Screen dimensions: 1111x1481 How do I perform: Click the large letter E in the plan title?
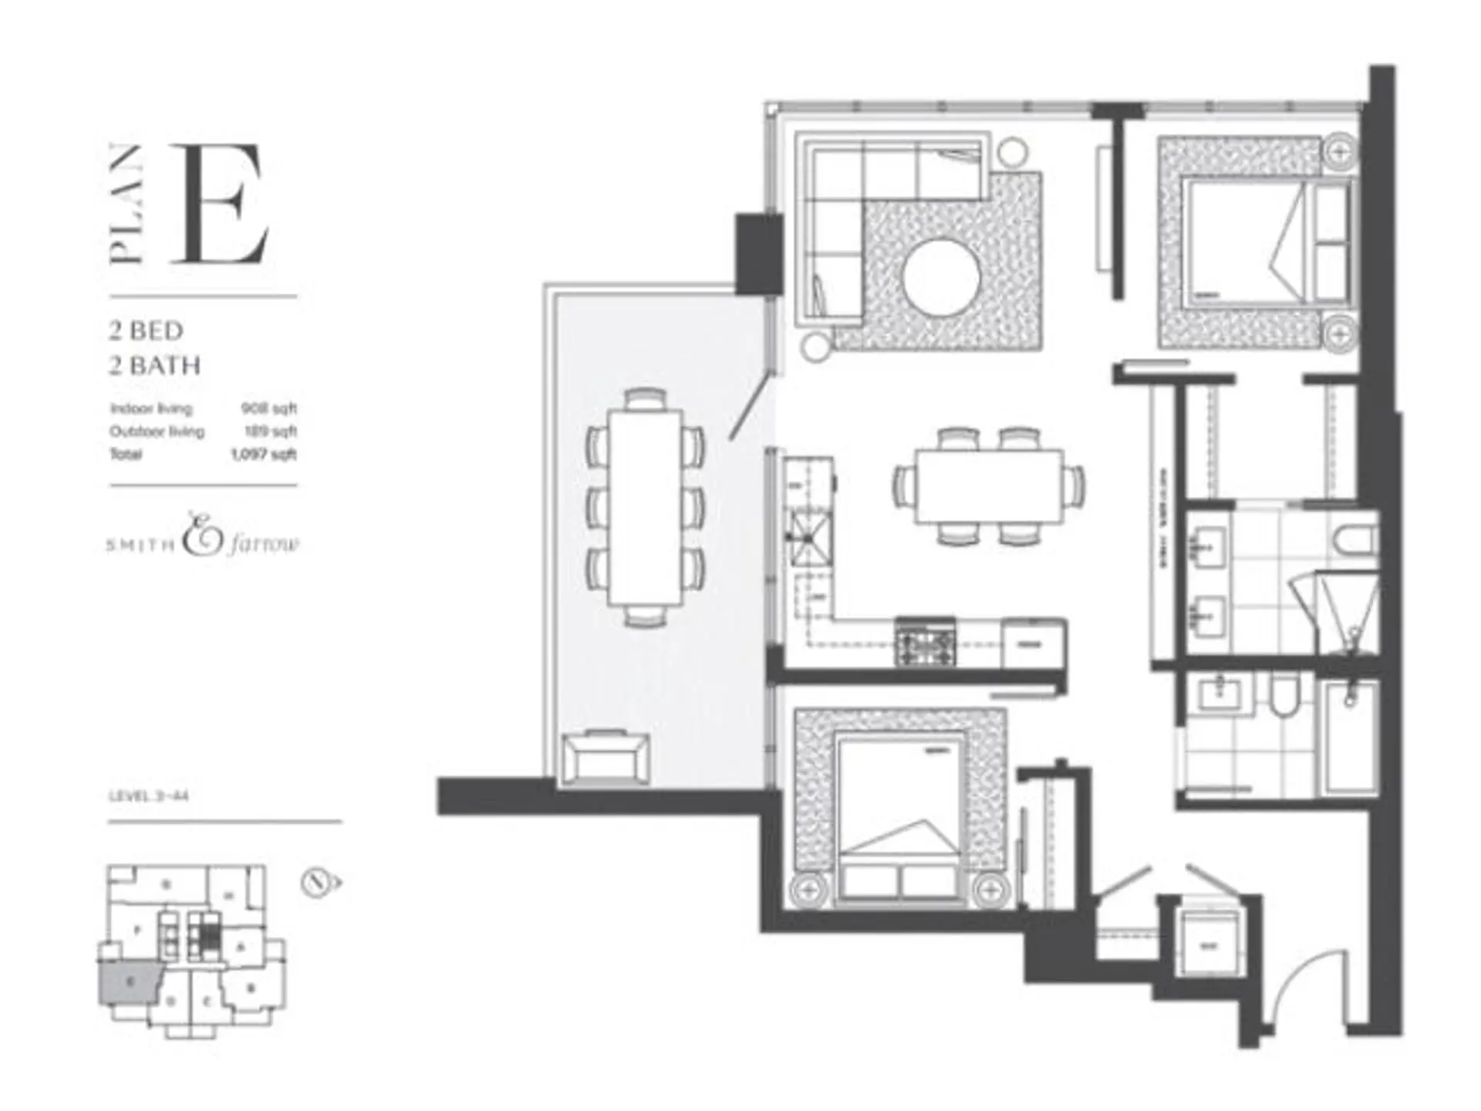point(221,204)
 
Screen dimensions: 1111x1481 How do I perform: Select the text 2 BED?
point(147,331)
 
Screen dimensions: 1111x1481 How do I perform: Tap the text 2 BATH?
point(155,365)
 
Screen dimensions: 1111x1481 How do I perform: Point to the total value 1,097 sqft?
point(264,454)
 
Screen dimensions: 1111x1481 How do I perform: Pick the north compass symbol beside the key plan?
point(319,883)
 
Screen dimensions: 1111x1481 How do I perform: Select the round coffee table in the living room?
point(941,278)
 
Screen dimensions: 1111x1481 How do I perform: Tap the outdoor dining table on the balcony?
point(646,507)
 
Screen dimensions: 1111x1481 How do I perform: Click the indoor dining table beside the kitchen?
point(989,487)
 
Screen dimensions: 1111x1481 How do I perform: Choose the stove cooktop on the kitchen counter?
point(925,641)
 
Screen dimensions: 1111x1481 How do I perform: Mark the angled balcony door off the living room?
point(749,407)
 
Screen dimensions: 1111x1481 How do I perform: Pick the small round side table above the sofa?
point(1014,152)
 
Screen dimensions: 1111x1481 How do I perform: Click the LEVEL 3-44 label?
point(149,795)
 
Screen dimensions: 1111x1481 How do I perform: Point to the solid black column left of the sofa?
point(759,252)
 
